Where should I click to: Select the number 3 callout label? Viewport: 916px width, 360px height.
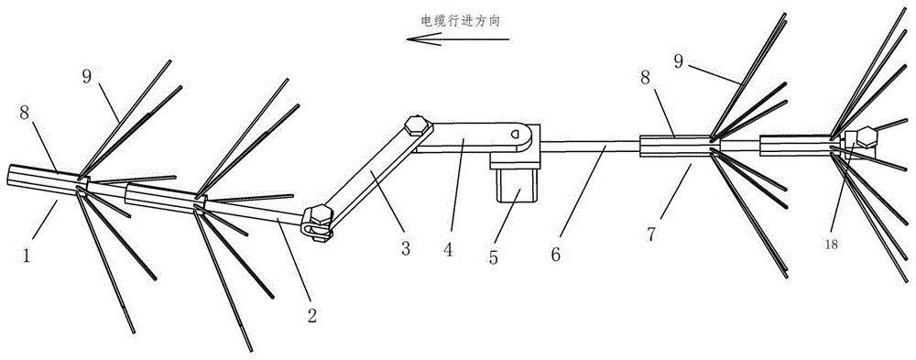406,249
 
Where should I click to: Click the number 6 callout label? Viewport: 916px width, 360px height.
555,256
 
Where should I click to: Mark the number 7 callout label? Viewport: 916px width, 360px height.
650,234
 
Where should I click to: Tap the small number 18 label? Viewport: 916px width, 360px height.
832,245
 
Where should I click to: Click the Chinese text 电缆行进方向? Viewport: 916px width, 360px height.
461,20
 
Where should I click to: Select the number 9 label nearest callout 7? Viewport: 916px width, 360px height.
678,62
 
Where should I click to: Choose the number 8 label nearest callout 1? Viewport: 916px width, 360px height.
25,113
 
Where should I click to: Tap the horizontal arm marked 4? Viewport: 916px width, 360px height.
474,138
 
